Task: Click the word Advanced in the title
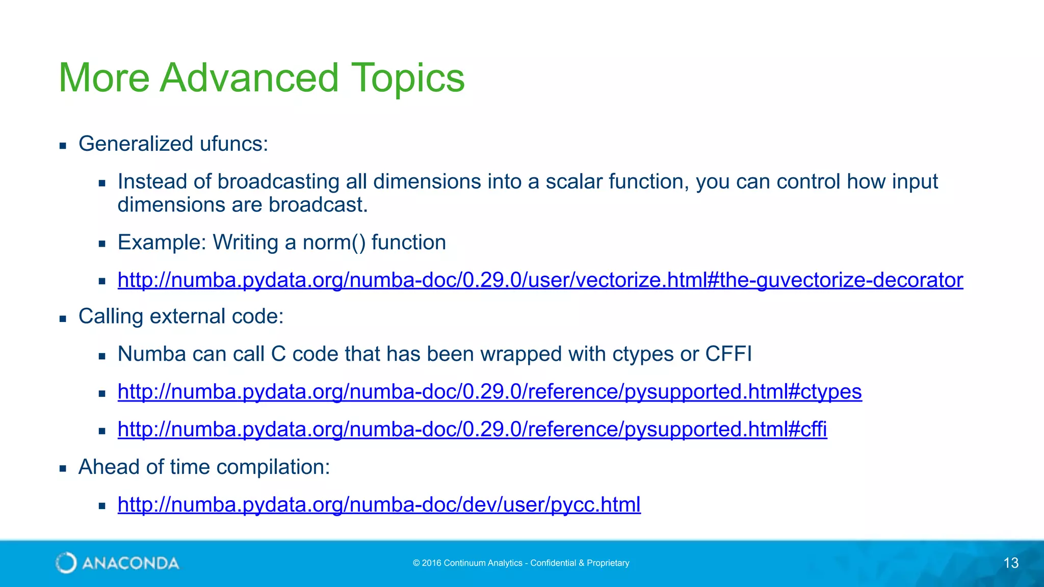pyautogui.click(x=249, y=77)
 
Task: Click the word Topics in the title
pyautogui.click(x=408, y=77)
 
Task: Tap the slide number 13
pyautogui.click(x=1011, y=563)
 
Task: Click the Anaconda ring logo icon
pyautogui.click(x=66, y=563)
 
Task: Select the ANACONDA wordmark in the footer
pyautogui.click(x=130, y=563)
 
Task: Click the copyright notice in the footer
pyautogui.click(x=521, y=563)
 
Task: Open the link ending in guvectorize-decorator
pyautogui.click(x=540, y=280)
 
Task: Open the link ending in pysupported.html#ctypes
pyautogui.click(x=489, y=392)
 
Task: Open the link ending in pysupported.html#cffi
pyautogui.click(x=472, y=430)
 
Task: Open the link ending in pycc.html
pyautogui.click(x=379, y=505)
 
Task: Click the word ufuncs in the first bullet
pyautogui.click(x=233, y=144)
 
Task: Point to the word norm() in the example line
pyautogui.click(x=334, y=243)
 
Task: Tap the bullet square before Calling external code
pyautogui.click(x=63, y=319)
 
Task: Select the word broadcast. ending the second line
pyautogui.click(x=318, y=205)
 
